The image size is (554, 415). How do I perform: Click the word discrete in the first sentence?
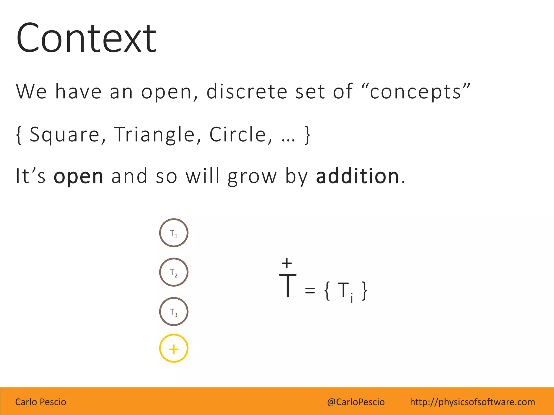click(x=246, y=91)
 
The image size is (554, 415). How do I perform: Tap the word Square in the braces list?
click(x=65, y=134)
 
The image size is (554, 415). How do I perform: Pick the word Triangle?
click(x=154, y=134)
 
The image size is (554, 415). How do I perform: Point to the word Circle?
click(x=238, y=134)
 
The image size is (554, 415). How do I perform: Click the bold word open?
click(x=78, y=176)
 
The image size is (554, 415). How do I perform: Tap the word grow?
click(x=252, y=176)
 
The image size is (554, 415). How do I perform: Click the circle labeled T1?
click(x=174, y=233)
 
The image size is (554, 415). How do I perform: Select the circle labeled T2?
click(x=174, y=272)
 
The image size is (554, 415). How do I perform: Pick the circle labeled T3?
click(x=174, y=312)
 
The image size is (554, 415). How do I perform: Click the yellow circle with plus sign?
click(x=174, y=349)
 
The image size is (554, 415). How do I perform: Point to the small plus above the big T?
click(x=287, y=263)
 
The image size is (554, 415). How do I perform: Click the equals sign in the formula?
click(x=310, y=290)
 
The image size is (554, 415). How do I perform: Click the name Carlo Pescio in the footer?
click(x=41, y=402)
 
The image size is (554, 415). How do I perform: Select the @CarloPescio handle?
click(x=356, y=402)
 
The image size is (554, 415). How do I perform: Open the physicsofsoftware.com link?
click(x=472, y=402)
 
